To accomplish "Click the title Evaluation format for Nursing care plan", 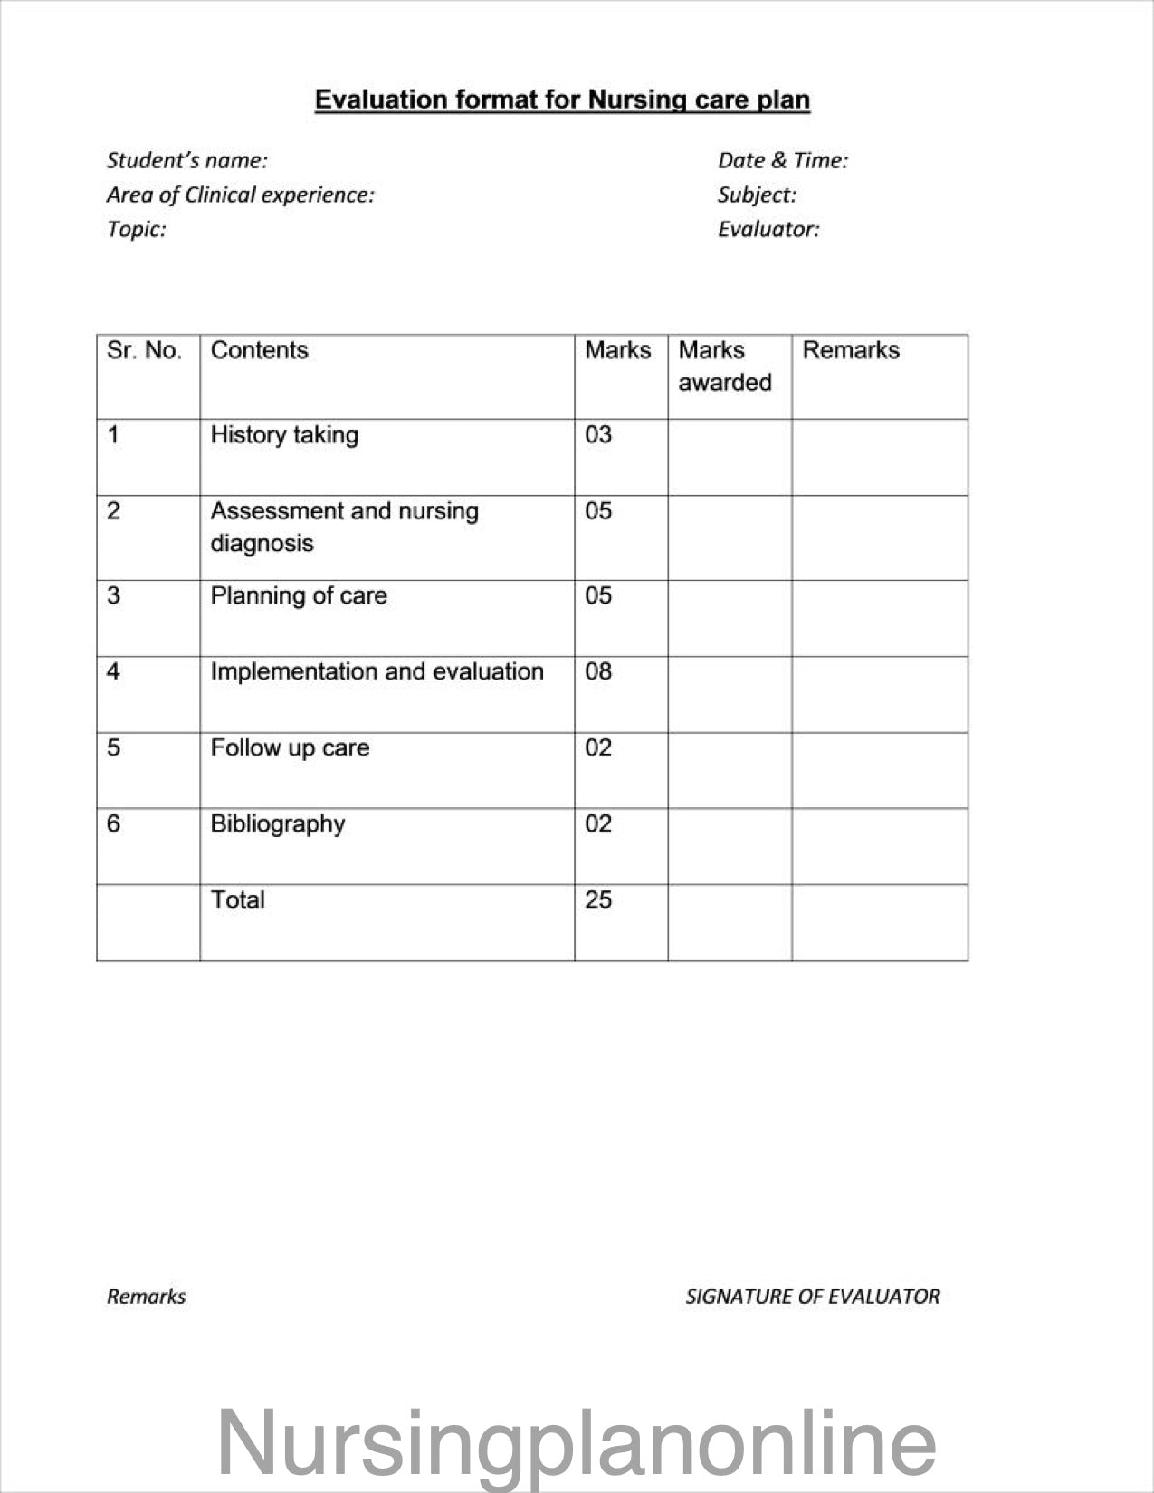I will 562,100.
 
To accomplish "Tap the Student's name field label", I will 186,161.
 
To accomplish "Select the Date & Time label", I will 782,161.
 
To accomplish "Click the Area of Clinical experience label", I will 240,195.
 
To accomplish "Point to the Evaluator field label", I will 768,230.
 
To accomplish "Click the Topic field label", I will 136,230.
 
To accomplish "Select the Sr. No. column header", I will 144,351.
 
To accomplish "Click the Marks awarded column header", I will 724,366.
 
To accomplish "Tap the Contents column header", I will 259,351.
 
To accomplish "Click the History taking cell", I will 284,435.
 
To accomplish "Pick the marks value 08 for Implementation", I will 598,671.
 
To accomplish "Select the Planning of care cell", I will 299,596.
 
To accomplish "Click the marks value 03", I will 598,435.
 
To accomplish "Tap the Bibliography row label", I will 278,824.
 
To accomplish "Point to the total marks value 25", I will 598,900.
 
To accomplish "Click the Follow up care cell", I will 290,748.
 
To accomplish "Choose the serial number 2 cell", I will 113,511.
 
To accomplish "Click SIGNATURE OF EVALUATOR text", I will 812,1297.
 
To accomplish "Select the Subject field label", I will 757,195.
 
